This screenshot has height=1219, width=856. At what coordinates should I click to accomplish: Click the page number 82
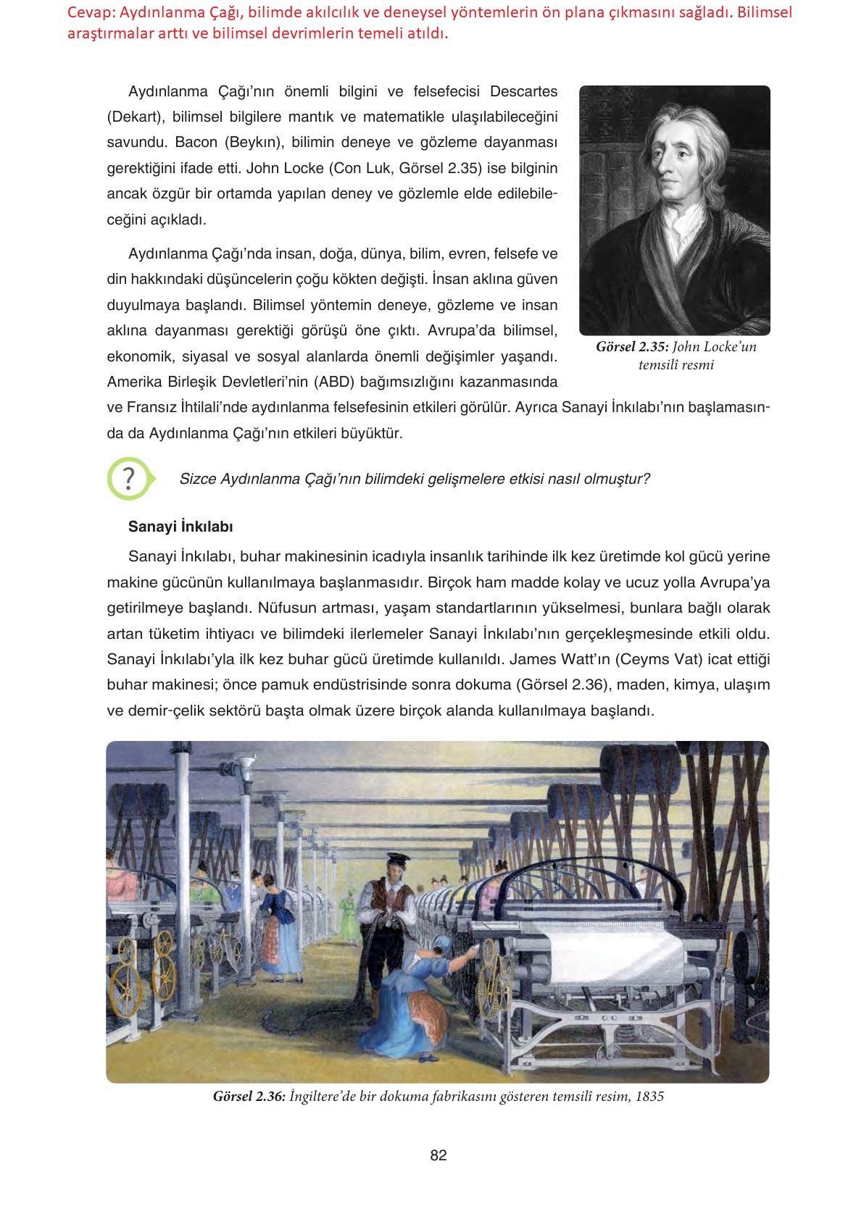[x=438, y=1155]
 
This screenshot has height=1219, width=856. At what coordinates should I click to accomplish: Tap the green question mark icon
[x=129, y=479]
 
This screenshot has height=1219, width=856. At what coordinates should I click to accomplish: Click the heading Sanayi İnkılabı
[x=180, y=527]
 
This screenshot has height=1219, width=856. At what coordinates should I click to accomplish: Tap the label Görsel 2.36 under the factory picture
[x=249, y=1096]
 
